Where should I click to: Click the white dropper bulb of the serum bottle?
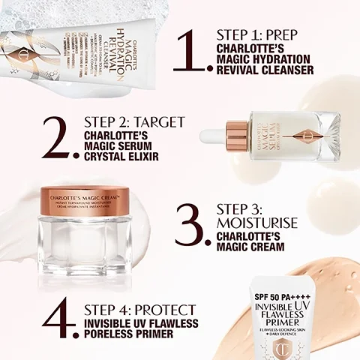click(217, 137)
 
